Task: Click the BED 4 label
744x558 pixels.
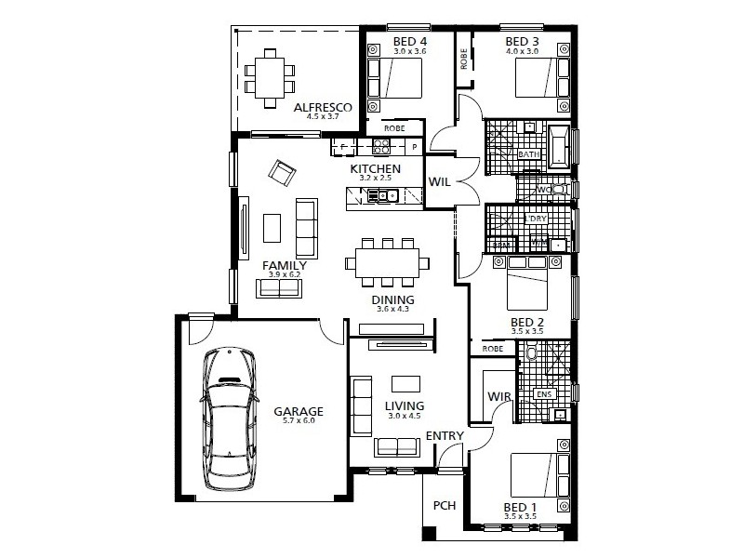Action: (409, 42)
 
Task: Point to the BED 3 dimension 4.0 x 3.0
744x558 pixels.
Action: (522, 52)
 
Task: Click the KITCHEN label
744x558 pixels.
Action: (375, 169)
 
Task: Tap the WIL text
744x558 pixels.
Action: (439, 183)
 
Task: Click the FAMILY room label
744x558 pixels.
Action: (285, 265)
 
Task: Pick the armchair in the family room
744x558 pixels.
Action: (282, 172)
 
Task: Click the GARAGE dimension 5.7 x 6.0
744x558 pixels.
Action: (298, 421)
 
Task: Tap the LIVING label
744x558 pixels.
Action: (404, 405)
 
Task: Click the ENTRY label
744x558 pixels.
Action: (444, 435)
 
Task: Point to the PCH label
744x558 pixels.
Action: (444, 507)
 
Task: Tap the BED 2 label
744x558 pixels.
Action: (527, 323)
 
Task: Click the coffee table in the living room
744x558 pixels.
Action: (405, 382)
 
